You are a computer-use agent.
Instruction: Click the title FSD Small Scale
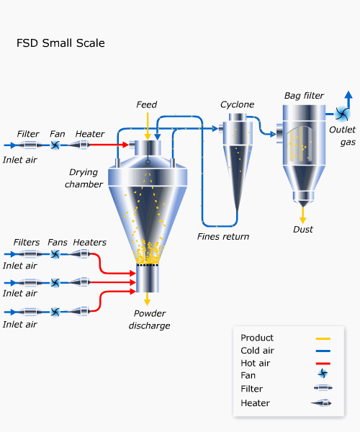coord(60,43)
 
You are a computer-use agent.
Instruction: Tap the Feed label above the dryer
coord(147,104)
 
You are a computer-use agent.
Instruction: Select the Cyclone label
coord(237,104)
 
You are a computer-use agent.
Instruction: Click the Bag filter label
coord(304,96)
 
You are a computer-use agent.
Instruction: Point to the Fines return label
coord(223,236)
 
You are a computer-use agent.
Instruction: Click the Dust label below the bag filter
coord(303,229)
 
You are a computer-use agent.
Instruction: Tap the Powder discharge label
coord(149,320)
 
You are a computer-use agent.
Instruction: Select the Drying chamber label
coord(84,179)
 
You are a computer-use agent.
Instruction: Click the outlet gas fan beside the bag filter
coord(342,114)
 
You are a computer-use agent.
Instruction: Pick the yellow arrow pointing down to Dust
coord(303,215)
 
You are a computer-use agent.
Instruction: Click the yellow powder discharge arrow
coord(148,299)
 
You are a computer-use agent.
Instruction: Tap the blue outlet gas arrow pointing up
coord(348,99)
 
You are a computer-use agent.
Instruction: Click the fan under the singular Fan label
coord(55,145)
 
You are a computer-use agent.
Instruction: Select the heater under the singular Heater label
coord(80,145)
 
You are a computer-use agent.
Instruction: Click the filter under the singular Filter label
coord(30,145)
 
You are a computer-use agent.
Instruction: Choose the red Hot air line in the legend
coord(323,364)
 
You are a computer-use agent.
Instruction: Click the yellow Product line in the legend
coord(323,338)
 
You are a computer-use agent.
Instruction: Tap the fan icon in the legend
coord(323,374)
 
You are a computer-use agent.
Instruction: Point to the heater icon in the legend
coord(321,403)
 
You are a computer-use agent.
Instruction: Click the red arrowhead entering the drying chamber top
coord(125,145)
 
